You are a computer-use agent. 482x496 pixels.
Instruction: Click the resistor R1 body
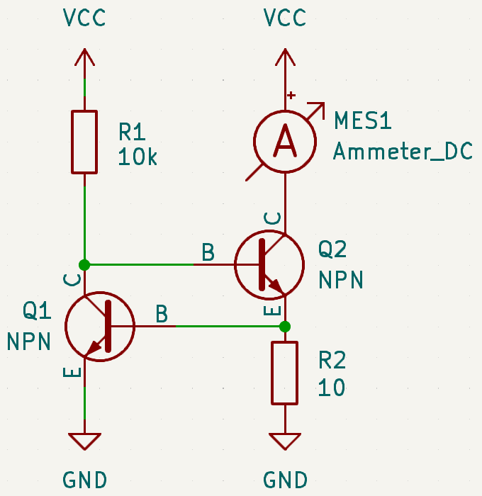84,142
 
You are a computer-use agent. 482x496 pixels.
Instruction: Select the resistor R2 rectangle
285,373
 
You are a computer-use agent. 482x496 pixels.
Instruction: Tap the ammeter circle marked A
285,142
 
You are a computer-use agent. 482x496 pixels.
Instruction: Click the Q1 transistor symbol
99,326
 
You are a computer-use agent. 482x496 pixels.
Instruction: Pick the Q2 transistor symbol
269,265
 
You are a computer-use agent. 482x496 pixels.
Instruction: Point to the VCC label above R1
84,18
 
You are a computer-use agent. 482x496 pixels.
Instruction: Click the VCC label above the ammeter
285,18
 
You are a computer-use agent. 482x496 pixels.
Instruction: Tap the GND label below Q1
85,480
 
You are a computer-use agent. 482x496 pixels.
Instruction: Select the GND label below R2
285,480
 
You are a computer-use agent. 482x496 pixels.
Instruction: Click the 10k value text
138,157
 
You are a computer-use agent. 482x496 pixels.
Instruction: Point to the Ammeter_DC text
402,151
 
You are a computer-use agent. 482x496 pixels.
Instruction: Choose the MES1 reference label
363,120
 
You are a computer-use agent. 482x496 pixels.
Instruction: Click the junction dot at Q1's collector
84,265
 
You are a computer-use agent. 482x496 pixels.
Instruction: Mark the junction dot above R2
285,327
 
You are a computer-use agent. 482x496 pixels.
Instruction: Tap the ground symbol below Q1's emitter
84,441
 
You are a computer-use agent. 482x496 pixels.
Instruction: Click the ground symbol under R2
285,441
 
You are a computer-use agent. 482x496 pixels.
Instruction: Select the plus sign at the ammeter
291,95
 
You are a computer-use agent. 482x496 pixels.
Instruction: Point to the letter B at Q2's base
208,252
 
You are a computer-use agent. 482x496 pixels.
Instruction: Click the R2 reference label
332,360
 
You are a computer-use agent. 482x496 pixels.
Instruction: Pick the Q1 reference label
37,310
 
